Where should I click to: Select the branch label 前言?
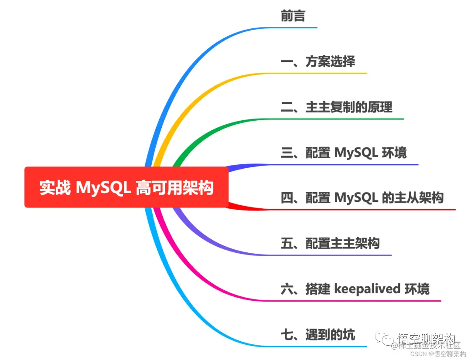pyautogui.click(x=293, y=16)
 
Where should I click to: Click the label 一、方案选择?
pyautogui.click(x=318, y=61)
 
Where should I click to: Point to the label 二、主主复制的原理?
pyautogui.click(x=336, y=107)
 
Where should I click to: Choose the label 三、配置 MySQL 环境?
pyautogui.click(x=344, y=153)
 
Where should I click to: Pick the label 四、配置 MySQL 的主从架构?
pyautogui.click(x=362, y=198)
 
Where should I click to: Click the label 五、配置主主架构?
pyautogui.click(x=330, y=243)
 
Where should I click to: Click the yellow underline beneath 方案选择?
pyautogui.click(x=331, y=73)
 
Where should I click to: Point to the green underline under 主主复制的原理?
pyautogui.click(x=349, y=119)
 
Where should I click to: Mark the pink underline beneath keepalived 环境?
pyautogui.click(x=371, y=300)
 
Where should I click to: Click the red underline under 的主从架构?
pyautogui.click(x=392, y=210)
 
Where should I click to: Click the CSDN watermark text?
pyautogui.click(x=418, y=354)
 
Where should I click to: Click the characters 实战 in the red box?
pyautogui.click(x=55, y=188)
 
